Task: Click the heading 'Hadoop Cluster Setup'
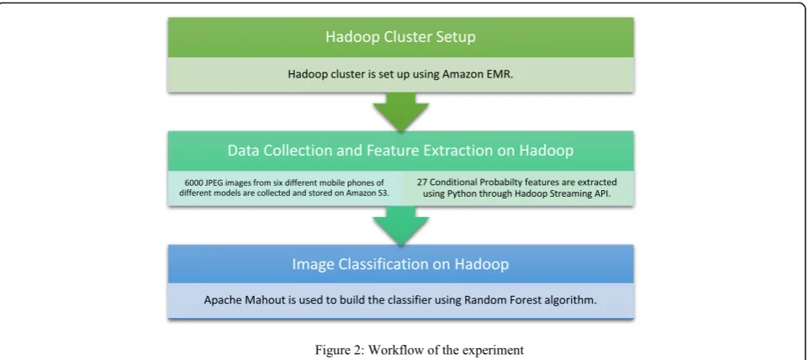[400, 37]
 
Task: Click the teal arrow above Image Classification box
[401, 225]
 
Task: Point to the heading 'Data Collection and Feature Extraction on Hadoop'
[400, 151]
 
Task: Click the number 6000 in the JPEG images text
[193, 183]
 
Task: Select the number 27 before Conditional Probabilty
[421, 183]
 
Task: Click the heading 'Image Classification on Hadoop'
[400, 264]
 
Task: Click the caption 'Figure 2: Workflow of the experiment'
[420, 350]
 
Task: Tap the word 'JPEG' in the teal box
[214, 183]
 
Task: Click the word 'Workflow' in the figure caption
[383, 350]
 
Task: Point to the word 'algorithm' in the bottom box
[575, 300]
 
